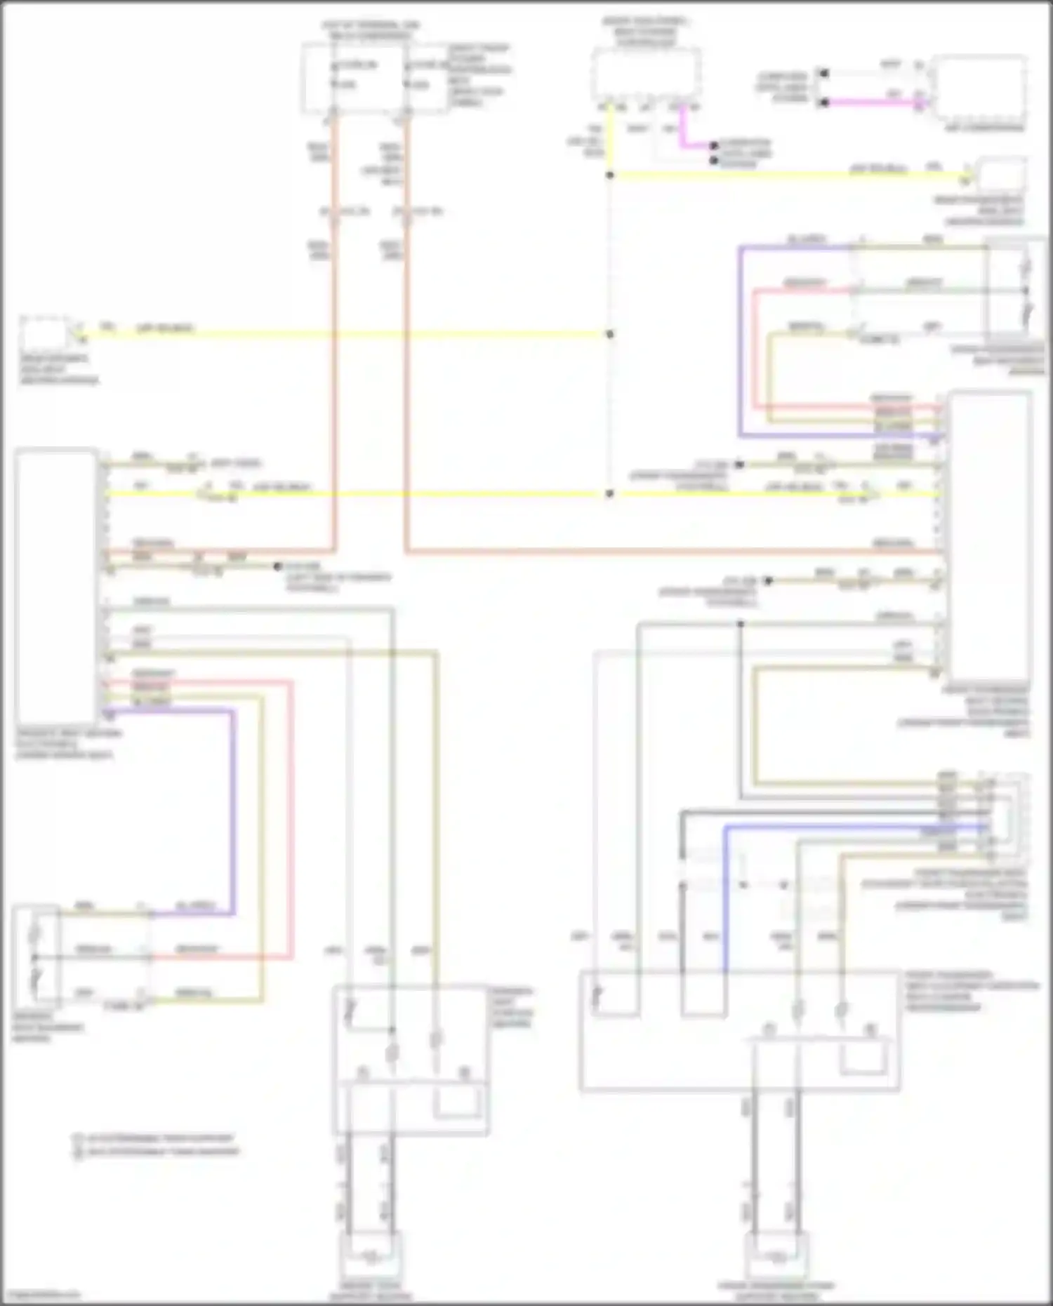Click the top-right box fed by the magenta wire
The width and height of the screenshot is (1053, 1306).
pos(979,89)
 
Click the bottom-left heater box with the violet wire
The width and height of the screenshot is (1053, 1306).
pos(36,956)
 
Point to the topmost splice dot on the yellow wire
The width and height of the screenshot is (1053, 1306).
pos(610,175)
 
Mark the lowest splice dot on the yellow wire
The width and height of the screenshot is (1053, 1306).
pos(610,494)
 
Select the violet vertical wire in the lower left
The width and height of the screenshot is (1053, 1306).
pos(233,807)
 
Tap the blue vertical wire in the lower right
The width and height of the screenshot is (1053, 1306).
pos(725,898)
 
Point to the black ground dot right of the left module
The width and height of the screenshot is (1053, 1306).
pos(278,566)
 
